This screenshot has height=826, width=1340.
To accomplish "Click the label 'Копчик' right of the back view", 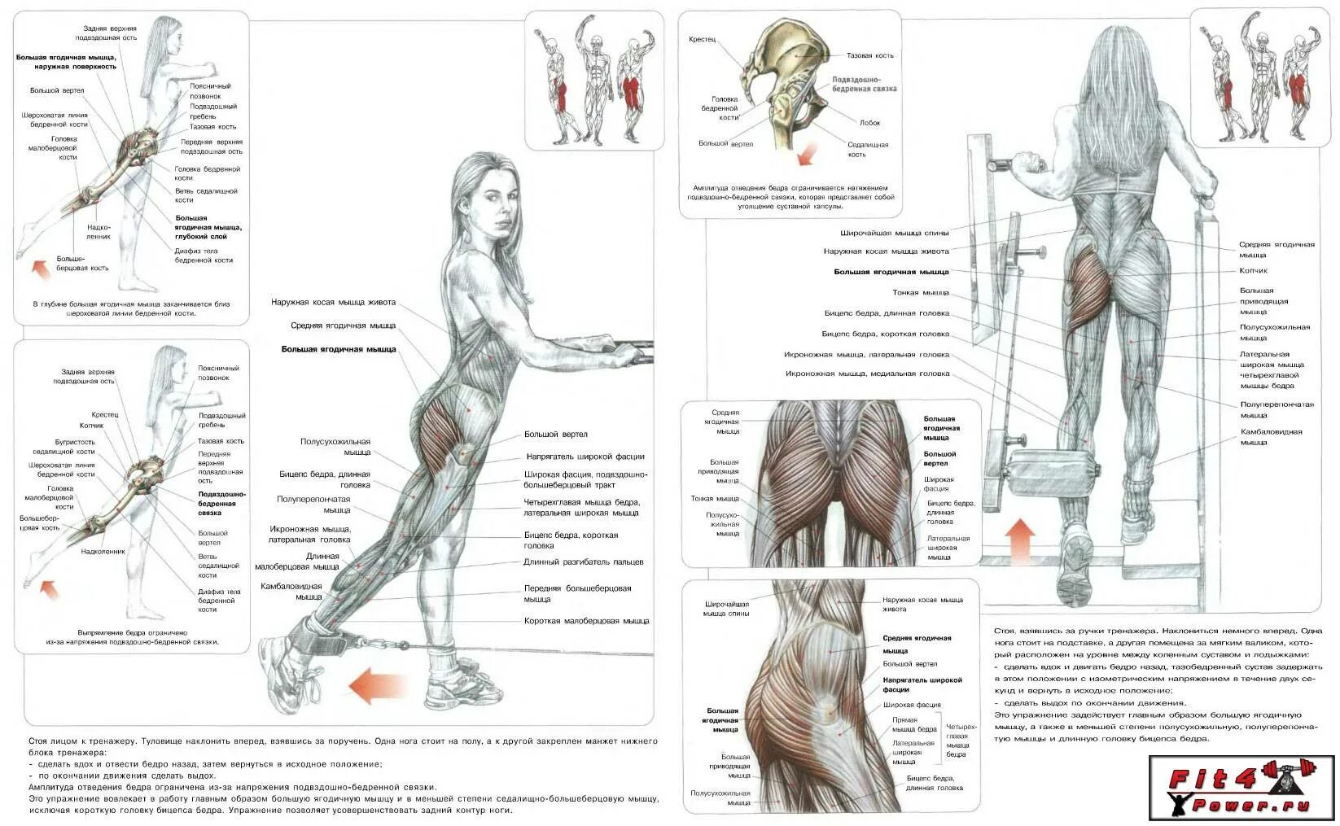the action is (1253, 270).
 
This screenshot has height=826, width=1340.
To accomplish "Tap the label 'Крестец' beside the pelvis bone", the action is (702, 39).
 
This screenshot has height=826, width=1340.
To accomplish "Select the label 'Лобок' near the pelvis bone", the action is (869, 123).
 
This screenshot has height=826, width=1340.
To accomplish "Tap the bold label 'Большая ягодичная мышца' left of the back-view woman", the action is (891, 272).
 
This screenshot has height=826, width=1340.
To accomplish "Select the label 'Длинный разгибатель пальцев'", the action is (584, 562).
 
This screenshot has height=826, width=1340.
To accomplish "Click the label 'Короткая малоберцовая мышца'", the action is (586, 621).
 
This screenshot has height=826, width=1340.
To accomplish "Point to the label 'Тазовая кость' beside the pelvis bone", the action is (869, 55).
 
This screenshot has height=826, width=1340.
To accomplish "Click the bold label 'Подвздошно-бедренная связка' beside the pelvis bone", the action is (864, 84).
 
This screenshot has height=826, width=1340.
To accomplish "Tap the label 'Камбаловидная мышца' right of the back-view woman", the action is (1271, 437).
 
